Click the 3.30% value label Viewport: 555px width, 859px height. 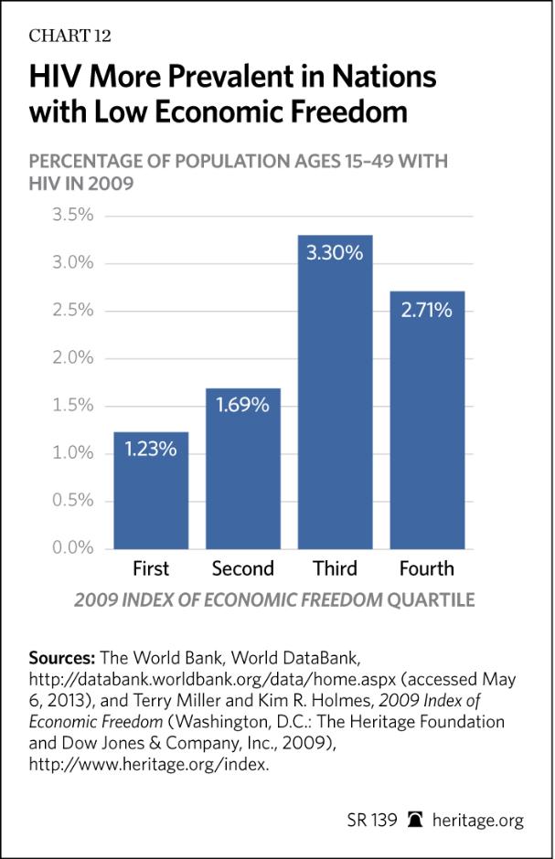click(x=335, y=253)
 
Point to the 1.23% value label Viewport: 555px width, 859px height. click(x=151, y=449)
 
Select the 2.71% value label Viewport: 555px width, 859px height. click(x=427, y=310)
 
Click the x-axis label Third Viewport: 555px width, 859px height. click(x=335, y=569)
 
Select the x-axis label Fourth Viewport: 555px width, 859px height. click(x=427, y=569)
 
